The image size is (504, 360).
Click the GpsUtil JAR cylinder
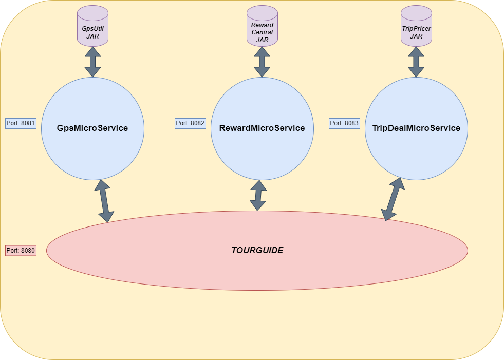click(x=92, y=26)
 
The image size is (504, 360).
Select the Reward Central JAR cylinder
click(x=262, y=27)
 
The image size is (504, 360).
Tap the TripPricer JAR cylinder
click(x=416, y=26)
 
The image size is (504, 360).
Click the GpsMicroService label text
click(x=92, y=128)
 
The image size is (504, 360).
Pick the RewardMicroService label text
click(x=262, y=128)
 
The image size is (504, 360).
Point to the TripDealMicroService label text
click(x=416, y=128)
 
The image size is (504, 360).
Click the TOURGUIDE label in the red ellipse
click(x=257, y=251)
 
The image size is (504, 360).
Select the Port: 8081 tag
click(x=21, y=123)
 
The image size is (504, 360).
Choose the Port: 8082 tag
click(x=191, y=123)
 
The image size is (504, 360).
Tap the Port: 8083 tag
click(x=344, y=123)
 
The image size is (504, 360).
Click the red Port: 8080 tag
click(x=21, y=251)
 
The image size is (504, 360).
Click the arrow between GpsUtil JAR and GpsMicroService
click(x=93, y=62)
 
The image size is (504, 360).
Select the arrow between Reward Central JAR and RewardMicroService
click(x=262, y=62)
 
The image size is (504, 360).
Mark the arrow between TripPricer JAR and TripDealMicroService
click(x=416, y=62)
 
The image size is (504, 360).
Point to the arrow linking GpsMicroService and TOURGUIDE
click(x=104, y=201)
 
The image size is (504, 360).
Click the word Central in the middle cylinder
click(x=262, y=32)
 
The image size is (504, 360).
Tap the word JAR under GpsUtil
click(x=92, y=36)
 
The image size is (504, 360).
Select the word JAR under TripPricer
click(x=416, y=36)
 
